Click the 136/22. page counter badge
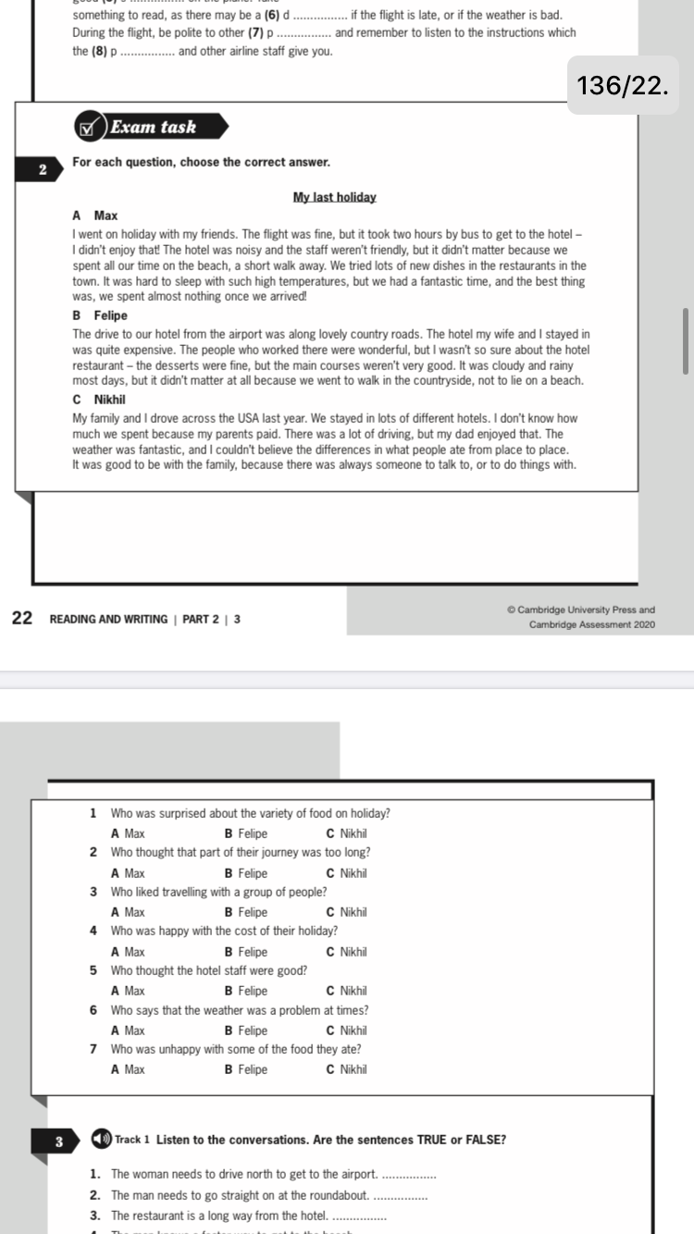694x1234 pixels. click(x=621, y=86)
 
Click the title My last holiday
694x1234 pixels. click(x=334, y=197)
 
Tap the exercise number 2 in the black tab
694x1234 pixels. click(x=43, y=169)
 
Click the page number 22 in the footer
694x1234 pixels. click(x=23, y=618)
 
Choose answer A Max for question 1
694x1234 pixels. click(x=128, y=833)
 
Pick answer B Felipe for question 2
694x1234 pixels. click(x=245, y=873)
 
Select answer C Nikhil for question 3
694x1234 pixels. click(x=347, y=912)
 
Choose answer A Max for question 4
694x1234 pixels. click(x=128, y=952)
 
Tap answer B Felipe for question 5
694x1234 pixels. click(x=245, y=991)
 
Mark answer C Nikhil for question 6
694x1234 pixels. click(x=347, y=1030)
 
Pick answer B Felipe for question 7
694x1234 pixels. click(x=245, y=1069)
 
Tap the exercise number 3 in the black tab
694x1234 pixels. click(x=58, y=1141)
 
